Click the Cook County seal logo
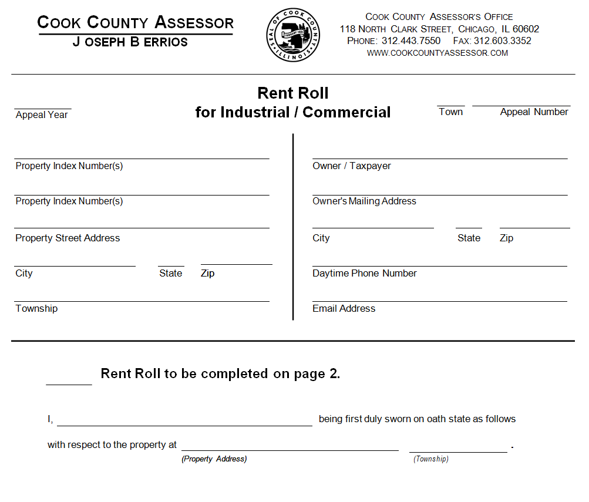pyautogui.click(x=294, y=35)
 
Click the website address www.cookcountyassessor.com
pyautogui.click(x=437, y=53)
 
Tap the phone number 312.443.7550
pyautogui.click(x=410, y=41)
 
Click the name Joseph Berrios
pyautogui.click(x=130, y=42)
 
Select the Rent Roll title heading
pyautogui.click(x=293, y=93)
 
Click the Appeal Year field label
pyautogui.click(x=42, y=115)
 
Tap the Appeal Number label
pyautogui.click(x=534, y=112)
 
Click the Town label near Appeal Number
pyautogui.click(x=450, y=112)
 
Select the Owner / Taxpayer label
pyautogui.click(x=351, y=166)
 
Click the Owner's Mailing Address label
pyautogui.click(x=364, y=201)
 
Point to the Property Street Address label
pyautogui.click(x=68, y=238)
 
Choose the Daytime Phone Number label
pyautogui.click(x=364, y=274)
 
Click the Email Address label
pyautogui.click(x=344, y=309)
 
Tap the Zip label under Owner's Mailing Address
pyautogui.click(x=506, y=238)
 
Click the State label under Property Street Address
pyautogui.click(x=170, y=274)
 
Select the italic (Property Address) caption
pyautogui.click(x=214, y=459)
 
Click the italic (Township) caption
pyautogui.click(x=430, y=459)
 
